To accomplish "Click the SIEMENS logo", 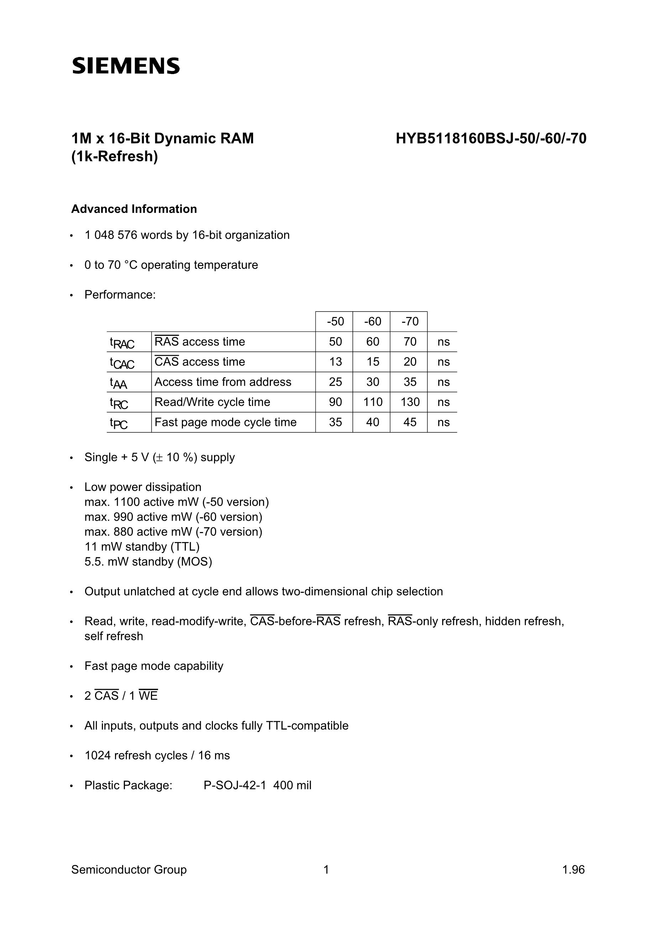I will coord(126,66).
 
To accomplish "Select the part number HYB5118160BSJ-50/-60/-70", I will coord(491,139).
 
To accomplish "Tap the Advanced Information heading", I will coord(134,209).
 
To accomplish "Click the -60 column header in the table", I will coord(372,322).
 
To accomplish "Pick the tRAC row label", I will coord(122,343).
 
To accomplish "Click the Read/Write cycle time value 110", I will coord(372,402).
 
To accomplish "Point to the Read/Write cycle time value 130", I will coord(410,402).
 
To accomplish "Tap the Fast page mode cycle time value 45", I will coord(410,422).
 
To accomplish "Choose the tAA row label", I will coord(118,383).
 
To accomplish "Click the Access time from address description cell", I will coord(223,382).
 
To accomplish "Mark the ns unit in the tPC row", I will coord(443,422).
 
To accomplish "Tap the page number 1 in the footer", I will coord(326,870).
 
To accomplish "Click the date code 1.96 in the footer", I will coord(573,870).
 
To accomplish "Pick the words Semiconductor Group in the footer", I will coord(129,870).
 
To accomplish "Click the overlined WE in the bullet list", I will coord(148,696).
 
